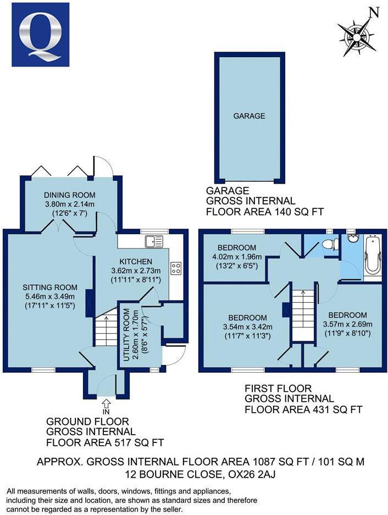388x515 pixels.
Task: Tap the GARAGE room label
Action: tap(249, 116)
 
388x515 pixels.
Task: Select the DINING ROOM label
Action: tap(70, 195)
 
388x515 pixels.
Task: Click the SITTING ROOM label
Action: tap(50, 287)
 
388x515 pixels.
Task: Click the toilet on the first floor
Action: tap(329, 245)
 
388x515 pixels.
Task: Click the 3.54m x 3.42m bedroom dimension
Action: tap(248, 328)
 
